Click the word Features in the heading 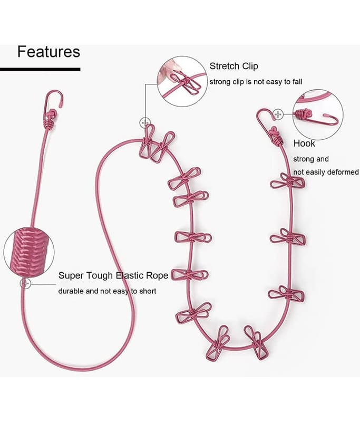[48, 51]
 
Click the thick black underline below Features [40, 70]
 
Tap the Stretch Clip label [233, 66]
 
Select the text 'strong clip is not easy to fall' [256, 82]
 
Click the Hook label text [304, 143]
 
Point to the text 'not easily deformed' [326, 172]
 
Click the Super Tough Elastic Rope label [113, 275]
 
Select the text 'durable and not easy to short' [108, 291]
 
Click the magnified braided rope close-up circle [29, 253]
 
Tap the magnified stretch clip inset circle [182, 81]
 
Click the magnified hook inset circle [318, 114]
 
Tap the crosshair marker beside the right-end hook [278, 114]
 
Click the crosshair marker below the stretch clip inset [145, 123]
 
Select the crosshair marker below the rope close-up [25, 284]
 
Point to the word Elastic [130, 275]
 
